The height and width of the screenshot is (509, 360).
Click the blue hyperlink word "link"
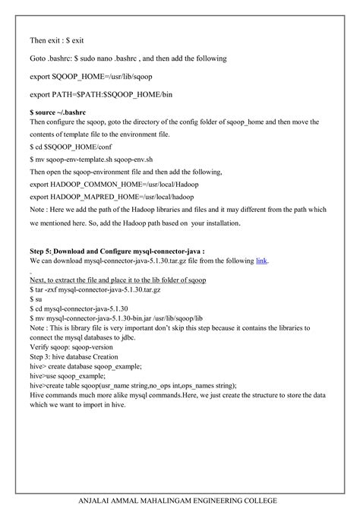[262, 260]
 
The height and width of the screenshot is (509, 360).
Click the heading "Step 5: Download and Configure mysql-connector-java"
[117, 249]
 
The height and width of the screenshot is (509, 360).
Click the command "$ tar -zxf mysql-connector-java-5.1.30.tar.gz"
[96, 290]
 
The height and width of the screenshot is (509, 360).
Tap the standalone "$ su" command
[36, 301]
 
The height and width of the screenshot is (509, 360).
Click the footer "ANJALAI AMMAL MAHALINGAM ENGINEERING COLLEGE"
[180, 500]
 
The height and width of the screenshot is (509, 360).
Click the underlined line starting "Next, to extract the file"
[118, 280]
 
